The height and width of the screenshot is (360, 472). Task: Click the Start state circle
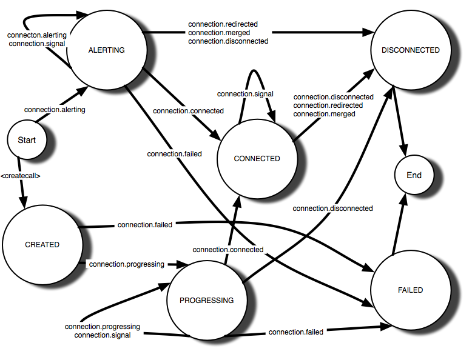27,140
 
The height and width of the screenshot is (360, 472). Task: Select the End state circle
414,175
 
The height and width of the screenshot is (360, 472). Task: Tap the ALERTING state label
107,50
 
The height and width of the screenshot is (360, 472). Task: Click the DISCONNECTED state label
411,50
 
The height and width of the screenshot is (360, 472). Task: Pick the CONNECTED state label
257,159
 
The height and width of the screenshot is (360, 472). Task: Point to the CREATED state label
42,245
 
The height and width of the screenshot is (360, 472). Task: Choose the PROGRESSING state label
207,300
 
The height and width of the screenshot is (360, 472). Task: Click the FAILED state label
411,290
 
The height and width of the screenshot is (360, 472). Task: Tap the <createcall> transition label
20,176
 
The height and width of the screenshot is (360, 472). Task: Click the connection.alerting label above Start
55,110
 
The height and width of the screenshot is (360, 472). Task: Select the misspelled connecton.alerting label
37,35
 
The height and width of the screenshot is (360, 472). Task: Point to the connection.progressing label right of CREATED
127,264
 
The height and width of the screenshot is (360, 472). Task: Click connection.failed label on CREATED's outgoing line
145,225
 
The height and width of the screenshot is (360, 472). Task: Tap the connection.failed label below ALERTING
174,154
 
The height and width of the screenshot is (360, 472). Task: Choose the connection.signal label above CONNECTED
245,94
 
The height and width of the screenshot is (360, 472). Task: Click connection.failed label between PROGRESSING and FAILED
296,332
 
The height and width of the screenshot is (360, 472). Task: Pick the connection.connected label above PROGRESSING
228,250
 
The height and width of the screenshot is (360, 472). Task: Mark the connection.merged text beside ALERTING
219,33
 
